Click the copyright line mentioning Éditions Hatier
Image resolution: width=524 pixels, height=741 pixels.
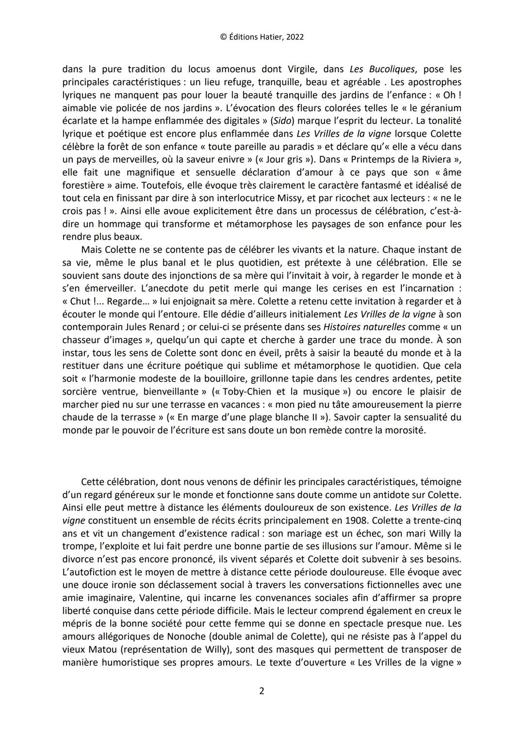[262, 37]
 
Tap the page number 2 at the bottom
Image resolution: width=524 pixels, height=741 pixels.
[262, 691]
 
